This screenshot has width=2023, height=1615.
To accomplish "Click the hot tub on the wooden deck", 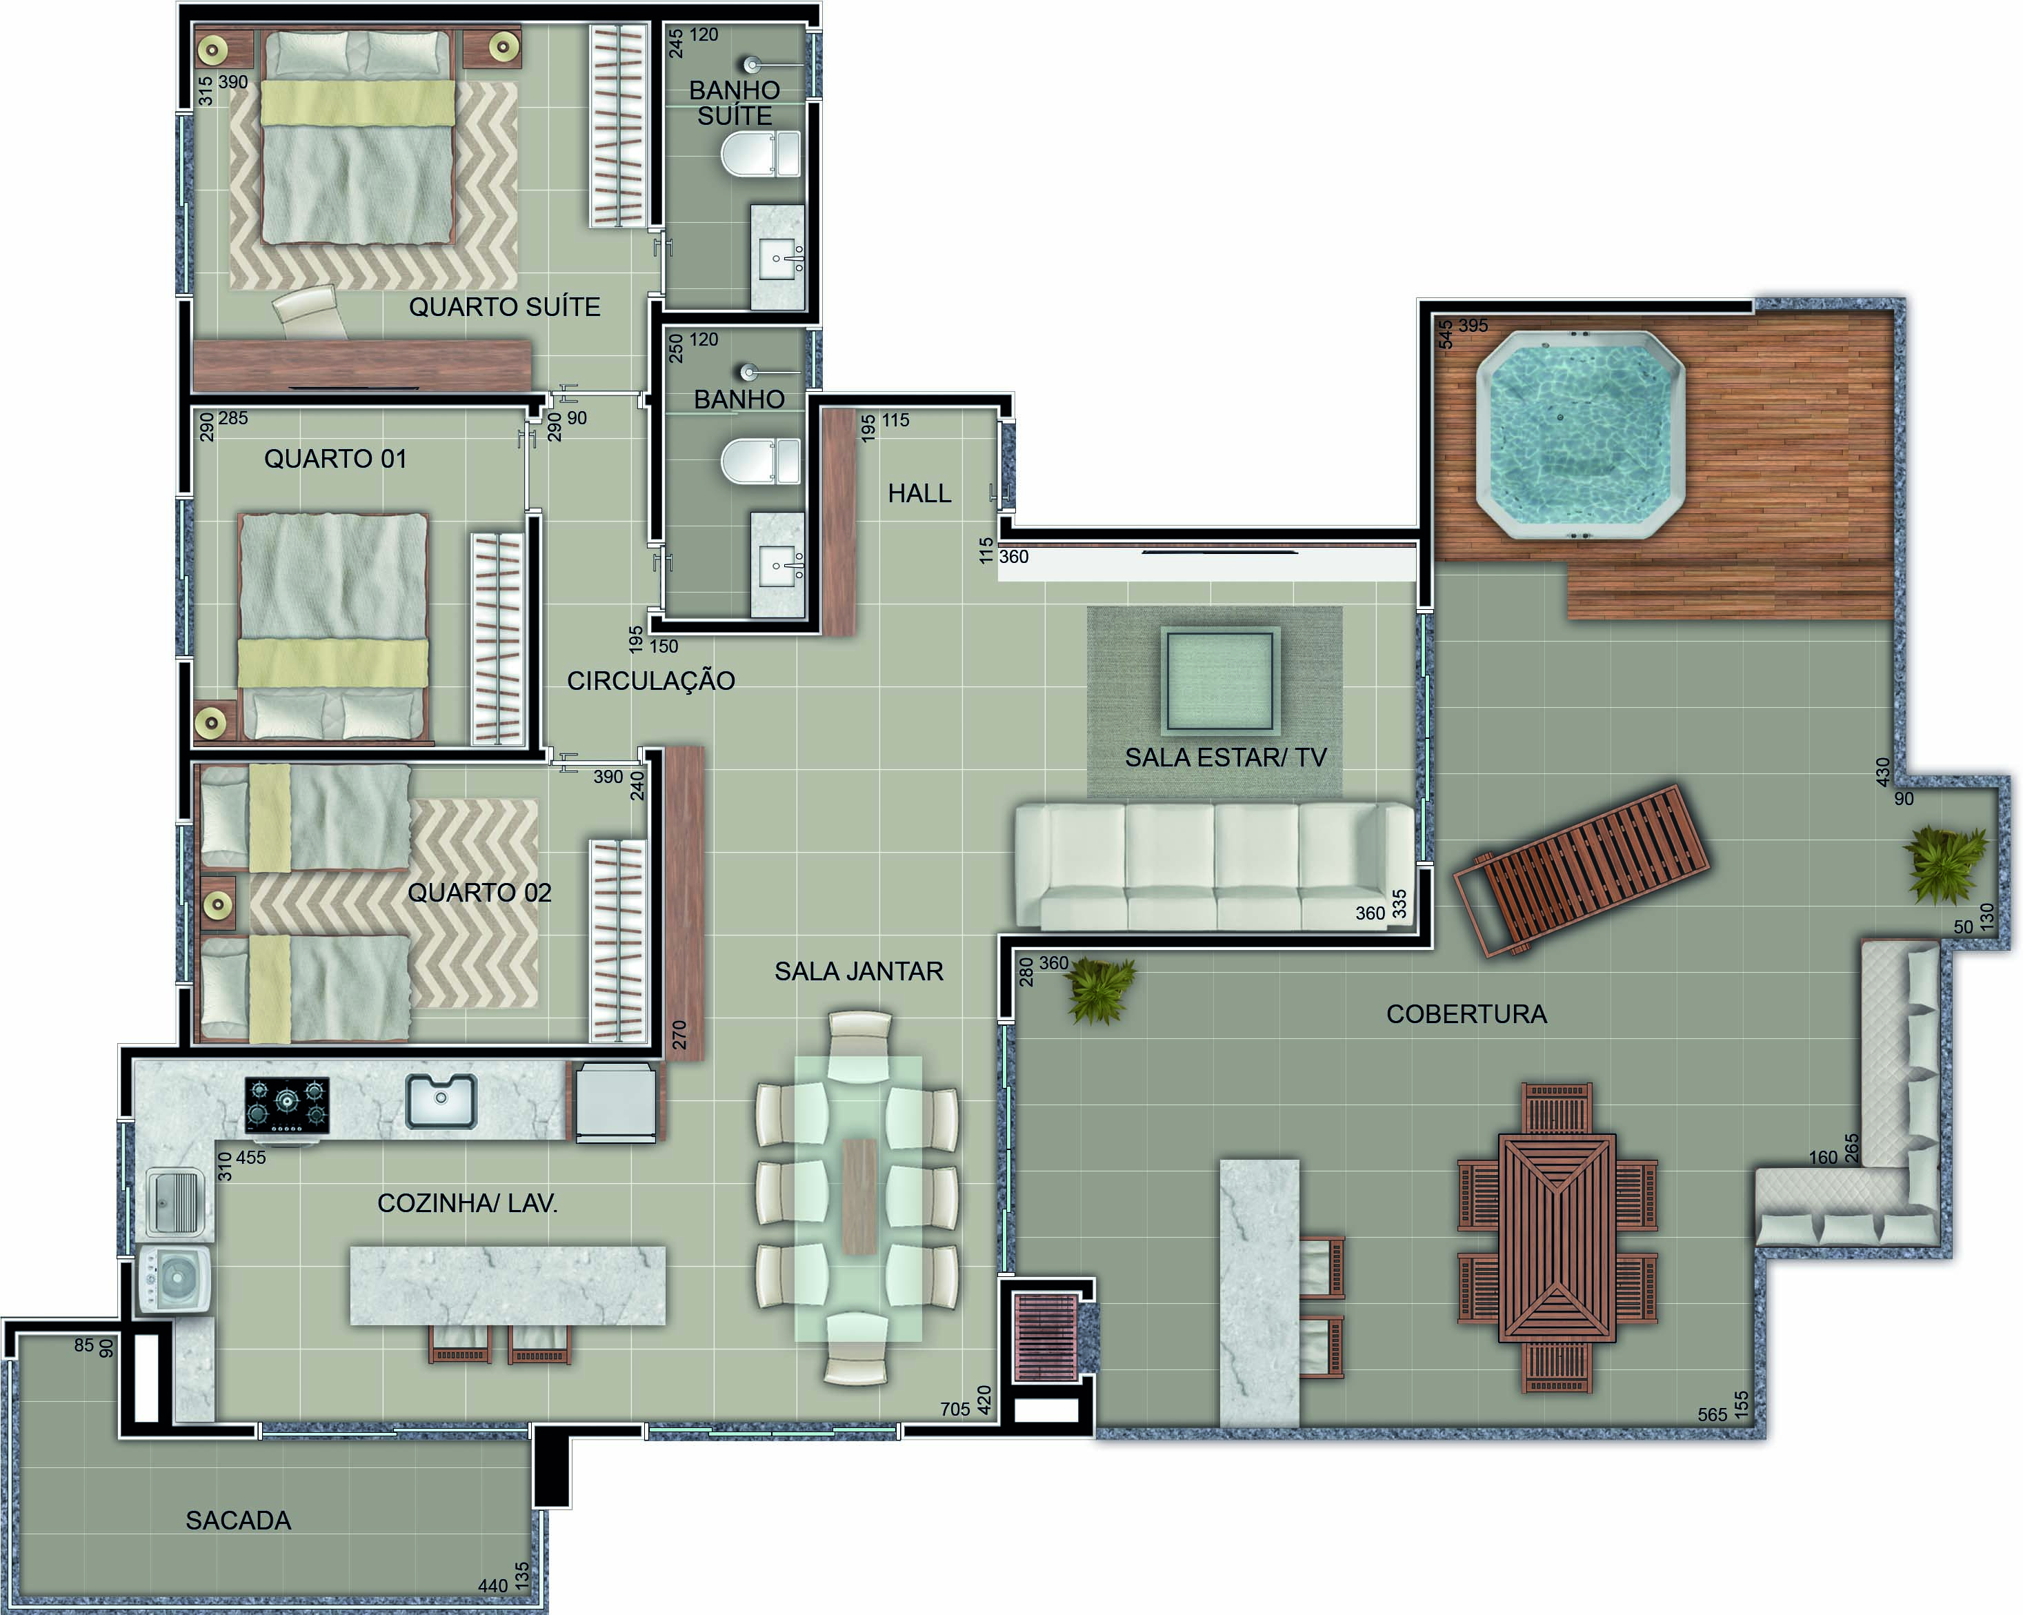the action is tap(1580, 435).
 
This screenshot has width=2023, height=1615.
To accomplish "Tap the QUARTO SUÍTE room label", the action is tap(505, 307).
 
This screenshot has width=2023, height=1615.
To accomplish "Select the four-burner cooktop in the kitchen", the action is tap(287, 1104).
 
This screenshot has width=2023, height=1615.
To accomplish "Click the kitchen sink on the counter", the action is tap(441, 1100).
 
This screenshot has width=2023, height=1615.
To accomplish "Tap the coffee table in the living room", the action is tap(1220, 680).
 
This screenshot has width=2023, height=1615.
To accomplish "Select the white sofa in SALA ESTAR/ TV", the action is tap(1214, 865).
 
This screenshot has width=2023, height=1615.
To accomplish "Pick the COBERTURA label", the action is tap(1466, 1013).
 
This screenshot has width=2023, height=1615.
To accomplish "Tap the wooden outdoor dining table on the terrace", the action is tap(1557, 1237).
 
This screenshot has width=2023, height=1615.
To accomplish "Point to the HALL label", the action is tap(919, 493).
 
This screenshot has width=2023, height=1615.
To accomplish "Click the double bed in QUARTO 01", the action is tap(333, 627).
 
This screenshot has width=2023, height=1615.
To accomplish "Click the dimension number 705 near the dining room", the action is tap(955, 1409).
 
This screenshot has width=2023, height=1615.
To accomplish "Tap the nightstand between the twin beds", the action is tap(218, 904).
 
